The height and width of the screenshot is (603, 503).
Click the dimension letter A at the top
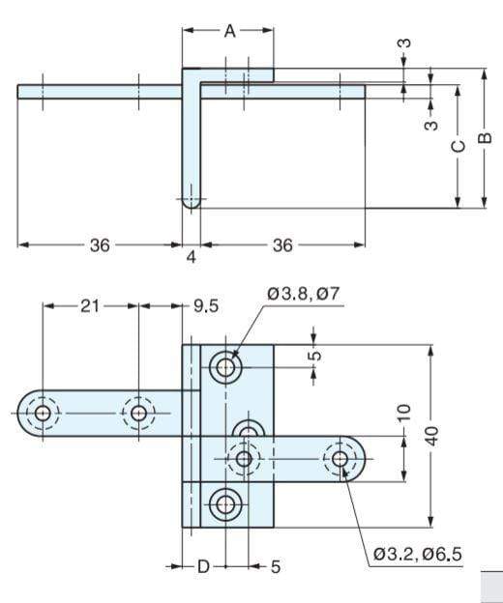click(229, 31)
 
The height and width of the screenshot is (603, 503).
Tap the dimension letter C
click(459, 146)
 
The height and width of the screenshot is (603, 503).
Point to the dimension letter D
click(203, 567)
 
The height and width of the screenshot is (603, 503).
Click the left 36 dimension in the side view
click(100, 245)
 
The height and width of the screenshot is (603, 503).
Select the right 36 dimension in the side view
click(281, 245)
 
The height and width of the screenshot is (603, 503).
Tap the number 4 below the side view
click(192, 257)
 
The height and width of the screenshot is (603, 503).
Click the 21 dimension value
click(90, 305)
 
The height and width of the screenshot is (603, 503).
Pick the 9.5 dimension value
click(205, 305)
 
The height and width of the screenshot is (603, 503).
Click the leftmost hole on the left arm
click(43, 414)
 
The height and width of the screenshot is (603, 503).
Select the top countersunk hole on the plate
click(227, 367)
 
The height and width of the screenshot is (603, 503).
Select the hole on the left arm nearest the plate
click(139, 414)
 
